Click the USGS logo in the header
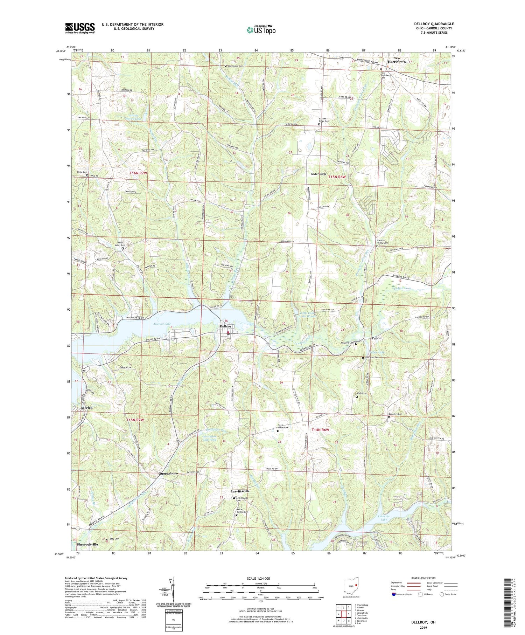[80, 28]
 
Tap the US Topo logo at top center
[261, 30]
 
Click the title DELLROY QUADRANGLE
[434, 24]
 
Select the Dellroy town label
[226, 326]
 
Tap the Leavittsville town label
[240, 491]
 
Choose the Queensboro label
[166, 474]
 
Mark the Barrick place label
[82, 408]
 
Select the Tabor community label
[376, 338]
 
